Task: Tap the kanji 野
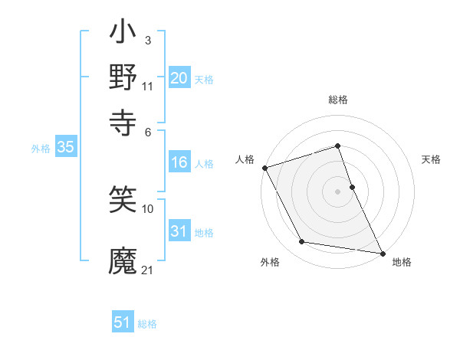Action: (123, 77)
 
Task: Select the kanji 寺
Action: (123, 120)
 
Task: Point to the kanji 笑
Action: (123, 199)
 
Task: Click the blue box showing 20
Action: (179, 78)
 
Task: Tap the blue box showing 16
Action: (179, 163)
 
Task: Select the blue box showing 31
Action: (179, 232)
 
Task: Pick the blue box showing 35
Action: (65, 148)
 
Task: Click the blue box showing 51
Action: (123, 322)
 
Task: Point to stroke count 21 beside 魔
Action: (148, 270)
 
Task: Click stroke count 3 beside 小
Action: (147, 39)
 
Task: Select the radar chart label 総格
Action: (338, 100)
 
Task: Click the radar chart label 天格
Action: (431, 159)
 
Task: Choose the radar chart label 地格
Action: (402, 262)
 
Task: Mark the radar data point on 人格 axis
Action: (265, 168)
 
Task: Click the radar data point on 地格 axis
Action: (382, 252)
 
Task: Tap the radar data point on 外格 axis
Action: (302, 242)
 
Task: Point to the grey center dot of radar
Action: (338, 191)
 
